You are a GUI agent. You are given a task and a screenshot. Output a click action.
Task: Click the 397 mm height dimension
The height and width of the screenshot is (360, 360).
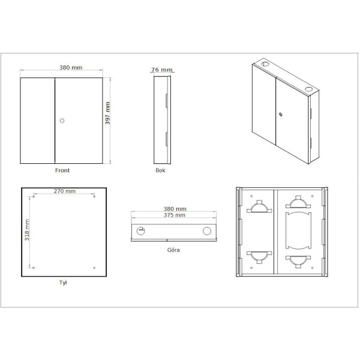107,113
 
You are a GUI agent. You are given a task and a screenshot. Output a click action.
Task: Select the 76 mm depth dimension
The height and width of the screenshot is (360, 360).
161,70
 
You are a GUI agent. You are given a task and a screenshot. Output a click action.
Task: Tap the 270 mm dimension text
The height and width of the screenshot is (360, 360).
65,191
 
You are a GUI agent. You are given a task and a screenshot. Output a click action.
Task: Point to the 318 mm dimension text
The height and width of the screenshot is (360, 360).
27,230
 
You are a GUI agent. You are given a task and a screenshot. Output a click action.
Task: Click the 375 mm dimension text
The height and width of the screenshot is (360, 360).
174,215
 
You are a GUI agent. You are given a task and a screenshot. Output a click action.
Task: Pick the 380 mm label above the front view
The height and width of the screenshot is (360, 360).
71,67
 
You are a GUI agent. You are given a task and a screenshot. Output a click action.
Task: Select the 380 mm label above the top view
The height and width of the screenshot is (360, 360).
175,209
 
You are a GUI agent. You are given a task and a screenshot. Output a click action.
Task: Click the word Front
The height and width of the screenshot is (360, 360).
62,170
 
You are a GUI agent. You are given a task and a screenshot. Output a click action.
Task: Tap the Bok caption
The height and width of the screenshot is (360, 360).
160,170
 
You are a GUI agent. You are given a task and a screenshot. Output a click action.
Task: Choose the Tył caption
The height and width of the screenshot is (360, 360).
63,283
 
